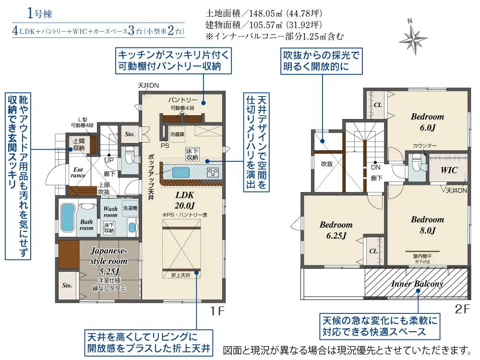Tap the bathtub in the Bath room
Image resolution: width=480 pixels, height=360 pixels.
tap(68, 217)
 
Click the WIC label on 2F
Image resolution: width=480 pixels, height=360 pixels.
tap(449, 170)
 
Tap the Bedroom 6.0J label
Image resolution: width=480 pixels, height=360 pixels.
tap(427, 122)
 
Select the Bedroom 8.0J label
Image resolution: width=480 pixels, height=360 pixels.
tap(427, 225)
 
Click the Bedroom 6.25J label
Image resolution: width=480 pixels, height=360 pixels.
tap(336, 230)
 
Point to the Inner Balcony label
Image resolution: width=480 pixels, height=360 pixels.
tap(417, 284)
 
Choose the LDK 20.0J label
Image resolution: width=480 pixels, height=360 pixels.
tap(185, 200)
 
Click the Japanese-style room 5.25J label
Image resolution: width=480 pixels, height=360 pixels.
tap(108, 261)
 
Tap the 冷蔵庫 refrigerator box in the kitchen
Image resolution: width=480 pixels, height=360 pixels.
tap(177, 134)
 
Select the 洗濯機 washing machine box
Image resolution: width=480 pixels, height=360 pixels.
tap(130, 208)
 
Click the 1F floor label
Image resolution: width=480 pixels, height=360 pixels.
tap(217, 311)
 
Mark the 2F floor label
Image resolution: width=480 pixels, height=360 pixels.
tap(462, 309)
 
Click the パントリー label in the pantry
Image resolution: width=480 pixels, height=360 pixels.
tap(183, 100)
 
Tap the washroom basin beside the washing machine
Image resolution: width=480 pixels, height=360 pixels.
tap(132, 228)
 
